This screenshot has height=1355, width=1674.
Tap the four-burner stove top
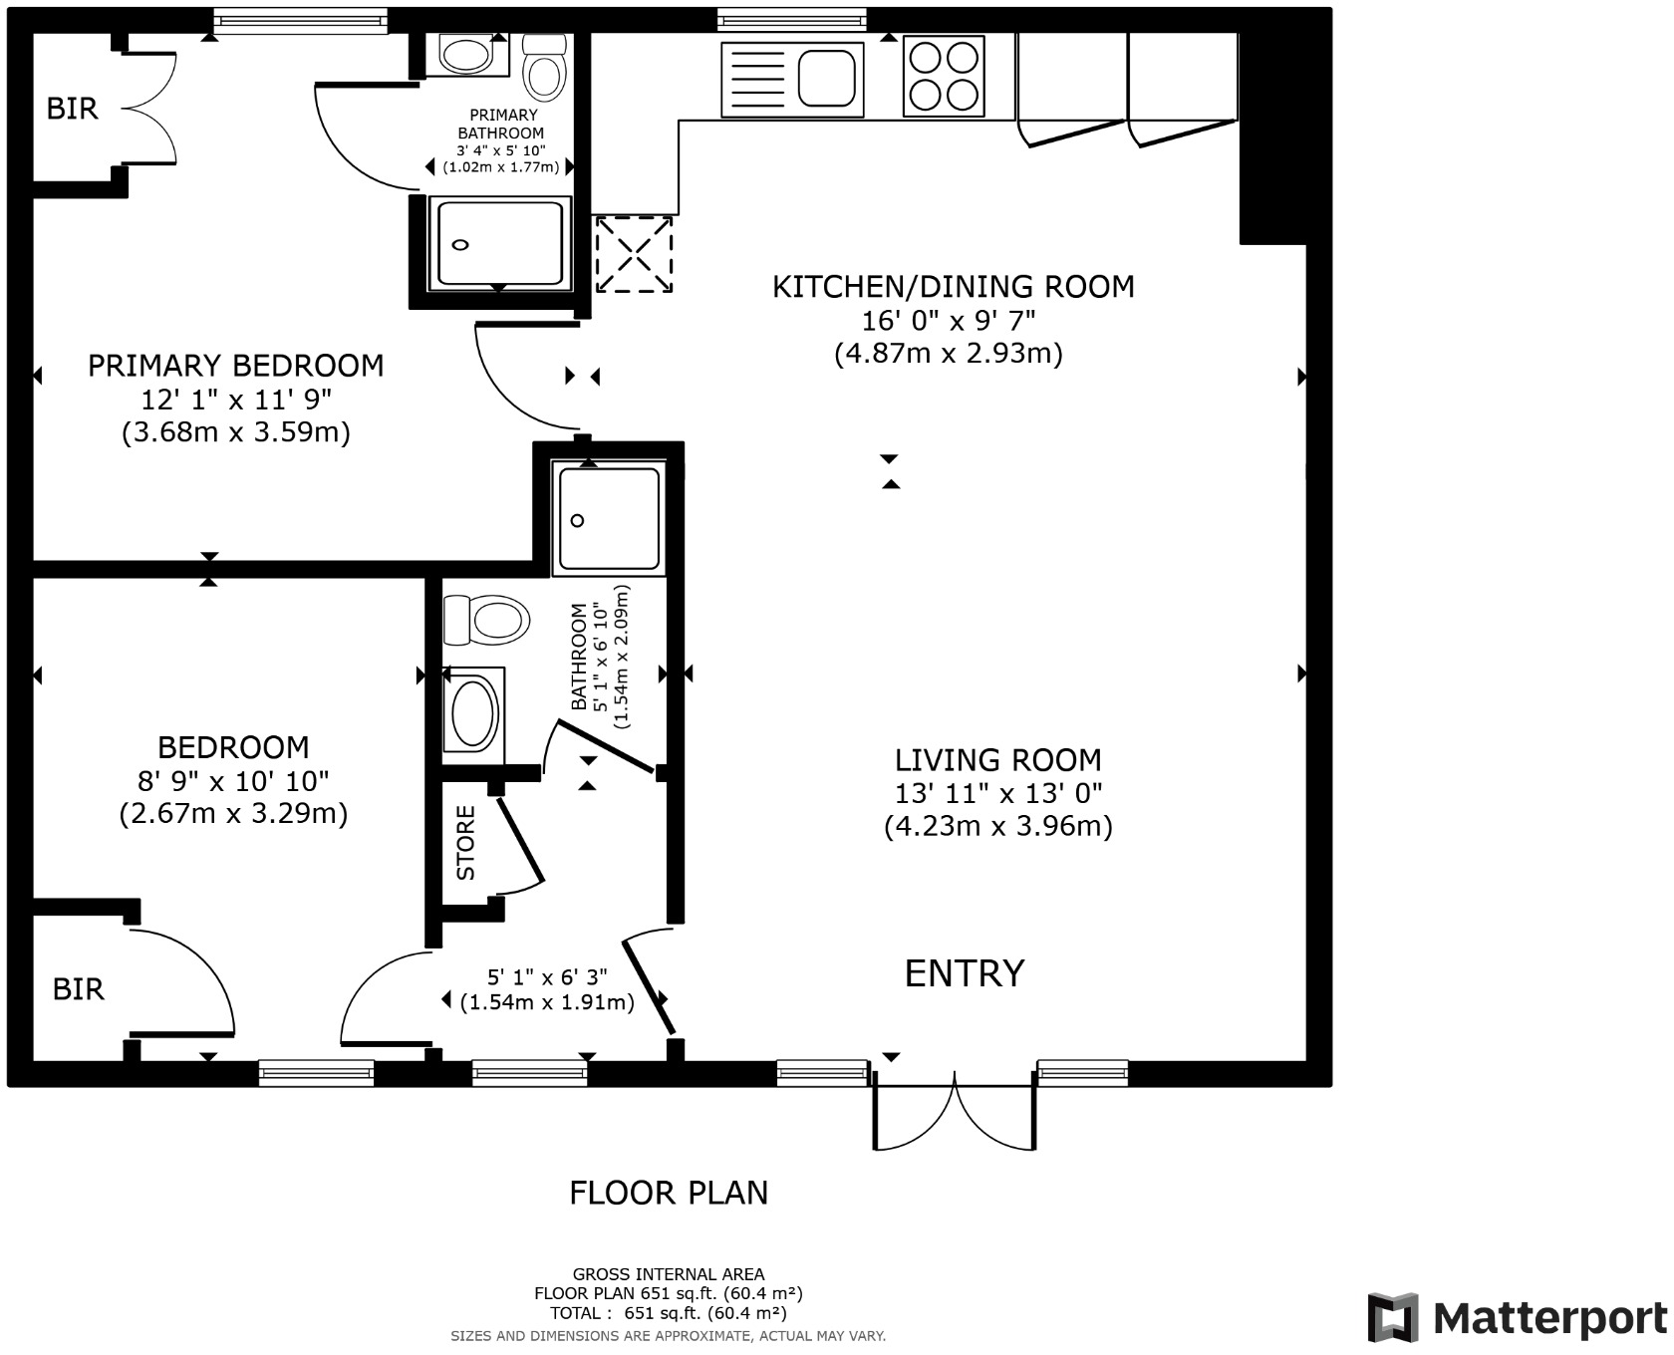(x=944, y=77)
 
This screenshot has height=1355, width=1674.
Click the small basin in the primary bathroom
(x=464, y=55)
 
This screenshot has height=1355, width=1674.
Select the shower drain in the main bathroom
(x=577, y=520)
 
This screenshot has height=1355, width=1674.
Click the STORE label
(x=465, y=843)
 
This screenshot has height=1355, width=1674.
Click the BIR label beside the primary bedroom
(x=73, y=109)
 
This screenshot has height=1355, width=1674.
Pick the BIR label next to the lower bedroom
(x=79, y=989)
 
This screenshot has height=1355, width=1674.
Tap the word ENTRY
(x=964, y=973)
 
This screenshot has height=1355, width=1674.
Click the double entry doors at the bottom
(x=955, y=1111)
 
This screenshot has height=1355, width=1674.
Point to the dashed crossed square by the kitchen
(x=634, y=255)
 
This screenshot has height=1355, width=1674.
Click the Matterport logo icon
(x=1393, y=1317)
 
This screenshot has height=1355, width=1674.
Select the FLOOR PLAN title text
(x=669, y=1193)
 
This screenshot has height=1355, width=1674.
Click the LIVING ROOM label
(x=997, y=760)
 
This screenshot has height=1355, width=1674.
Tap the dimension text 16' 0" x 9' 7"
(x=949, y=321)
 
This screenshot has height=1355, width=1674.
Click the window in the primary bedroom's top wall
(x=300, y=19)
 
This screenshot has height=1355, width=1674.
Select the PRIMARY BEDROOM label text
(x=235, y=366)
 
